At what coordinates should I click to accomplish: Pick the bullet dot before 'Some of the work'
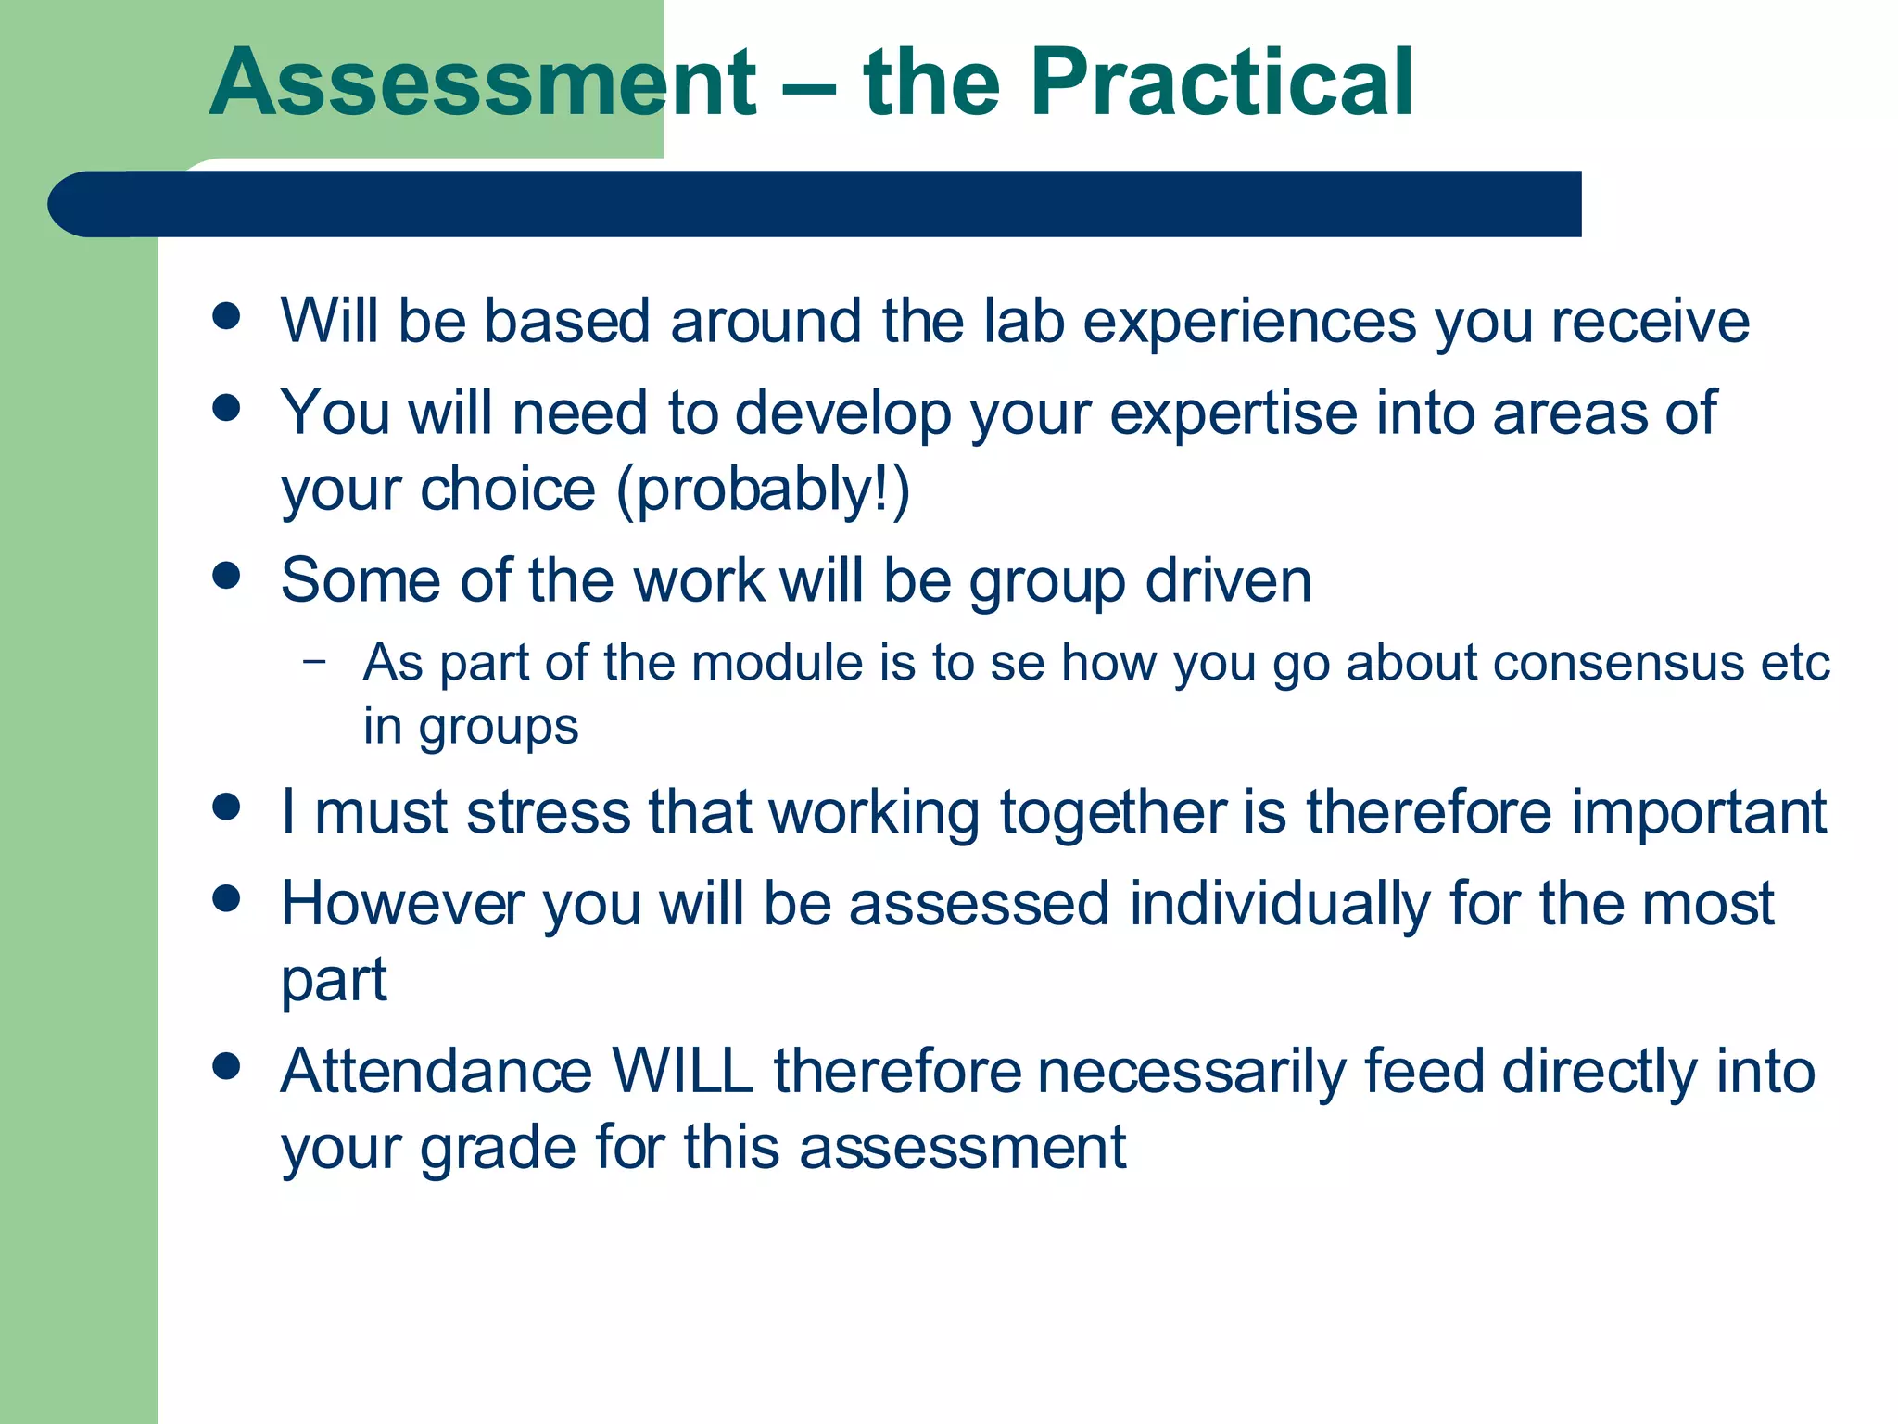coord(226,576)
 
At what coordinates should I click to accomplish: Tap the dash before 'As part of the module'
coord(314,661)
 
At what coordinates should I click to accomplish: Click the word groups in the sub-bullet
coord(498,728)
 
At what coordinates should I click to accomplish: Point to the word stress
coord(548,813)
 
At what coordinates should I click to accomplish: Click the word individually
coord(1280,905)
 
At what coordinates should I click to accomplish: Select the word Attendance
coord(436,1072)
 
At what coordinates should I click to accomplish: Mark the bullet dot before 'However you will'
coord(226,898)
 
